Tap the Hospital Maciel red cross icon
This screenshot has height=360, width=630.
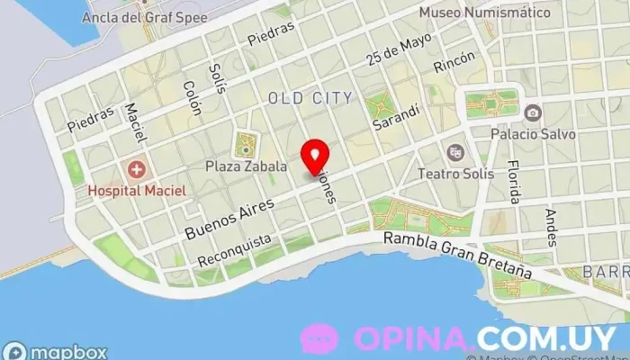(137, 168)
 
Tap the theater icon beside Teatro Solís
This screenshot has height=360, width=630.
(454, 151)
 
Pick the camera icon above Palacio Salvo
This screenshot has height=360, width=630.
(532, 112)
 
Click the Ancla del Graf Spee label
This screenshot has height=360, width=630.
(144, 17)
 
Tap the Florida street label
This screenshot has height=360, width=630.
(514, 181)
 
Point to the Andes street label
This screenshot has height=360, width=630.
(551, 227)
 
